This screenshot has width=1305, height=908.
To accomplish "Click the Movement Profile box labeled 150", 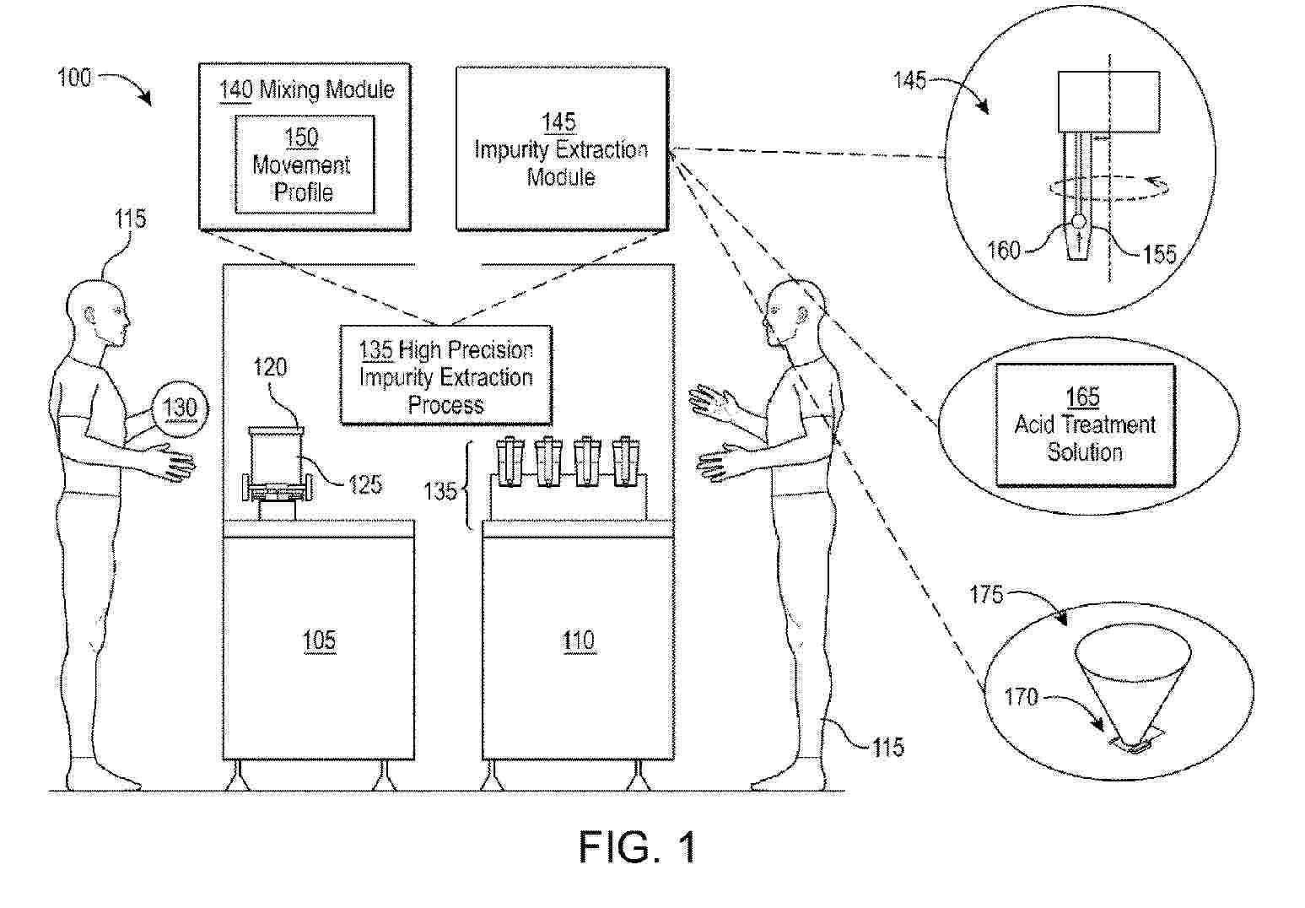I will pyautogui.click(x=305, y=165).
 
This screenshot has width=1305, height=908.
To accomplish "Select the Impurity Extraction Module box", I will pyautogui.click(x=561, y=149).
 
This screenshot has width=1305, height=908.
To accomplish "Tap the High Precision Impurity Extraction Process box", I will pyautogui.click(x=445, y=376).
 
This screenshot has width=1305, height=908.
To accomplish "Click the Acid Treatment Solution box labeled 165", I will pyautogui.click(x=1085, y=424).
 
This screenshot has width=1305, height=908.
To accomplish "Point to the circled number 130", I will pyautogui.click(x=179, y=409).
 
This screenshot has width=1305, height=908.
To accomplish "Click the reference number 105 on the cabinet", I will pyautogui.click(x=319, y=640).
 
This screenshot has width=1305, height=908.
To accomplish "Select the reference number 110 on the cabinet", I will pyautogui.click(x=579, y=640).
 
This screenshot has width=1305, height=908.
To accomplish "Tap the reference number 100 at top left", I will pyautogui.click(x=73, y=78).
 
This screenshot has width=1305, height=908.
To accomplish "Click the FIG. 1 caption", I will pyautogui.click(x=638, y=846).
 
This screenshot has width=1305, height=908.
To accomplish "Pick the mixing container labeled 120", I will pyautogui.click(x=276, y=460).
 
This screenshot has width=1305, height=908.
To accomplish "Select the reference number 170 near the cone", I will pyautogui.click(x=1021, y=697).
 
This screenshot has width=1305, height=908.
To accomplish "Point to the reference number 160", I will pyautogui.click(x=1003, y=250).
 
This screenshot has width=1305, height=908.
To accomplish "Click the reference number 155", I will pyautogui.click(x=1159, y=253).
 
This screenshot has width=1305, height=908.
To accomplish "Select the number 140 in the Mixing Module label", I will pyautogui.click(x=235, y=89).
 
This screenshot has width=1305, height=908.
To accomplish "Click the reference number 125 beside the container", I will pyautogui.click(x=364, y=484).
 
